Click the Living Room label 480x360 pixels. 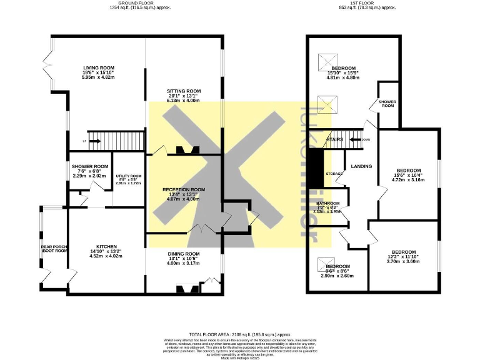click(x=98, y=68)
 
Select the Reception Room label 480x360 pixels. click(x=184, y=190)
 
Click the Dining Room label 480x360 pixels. click(x=183, y=253)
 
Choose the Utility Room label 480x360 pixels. click(x=128, y=176)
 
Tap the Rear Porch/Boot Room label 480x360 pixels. click(x=54, y=249)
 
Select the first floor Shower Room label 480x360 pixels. click(x=387, y=103)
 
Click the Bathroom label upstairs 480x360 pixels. click(x=327, y=204)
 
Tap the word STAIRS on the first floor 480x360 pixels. click(x=335, y=139)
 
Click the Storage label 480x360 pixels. click(x=334, y=173)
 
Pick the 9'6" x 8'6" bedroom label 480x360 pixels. click(x=337, y=267)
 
